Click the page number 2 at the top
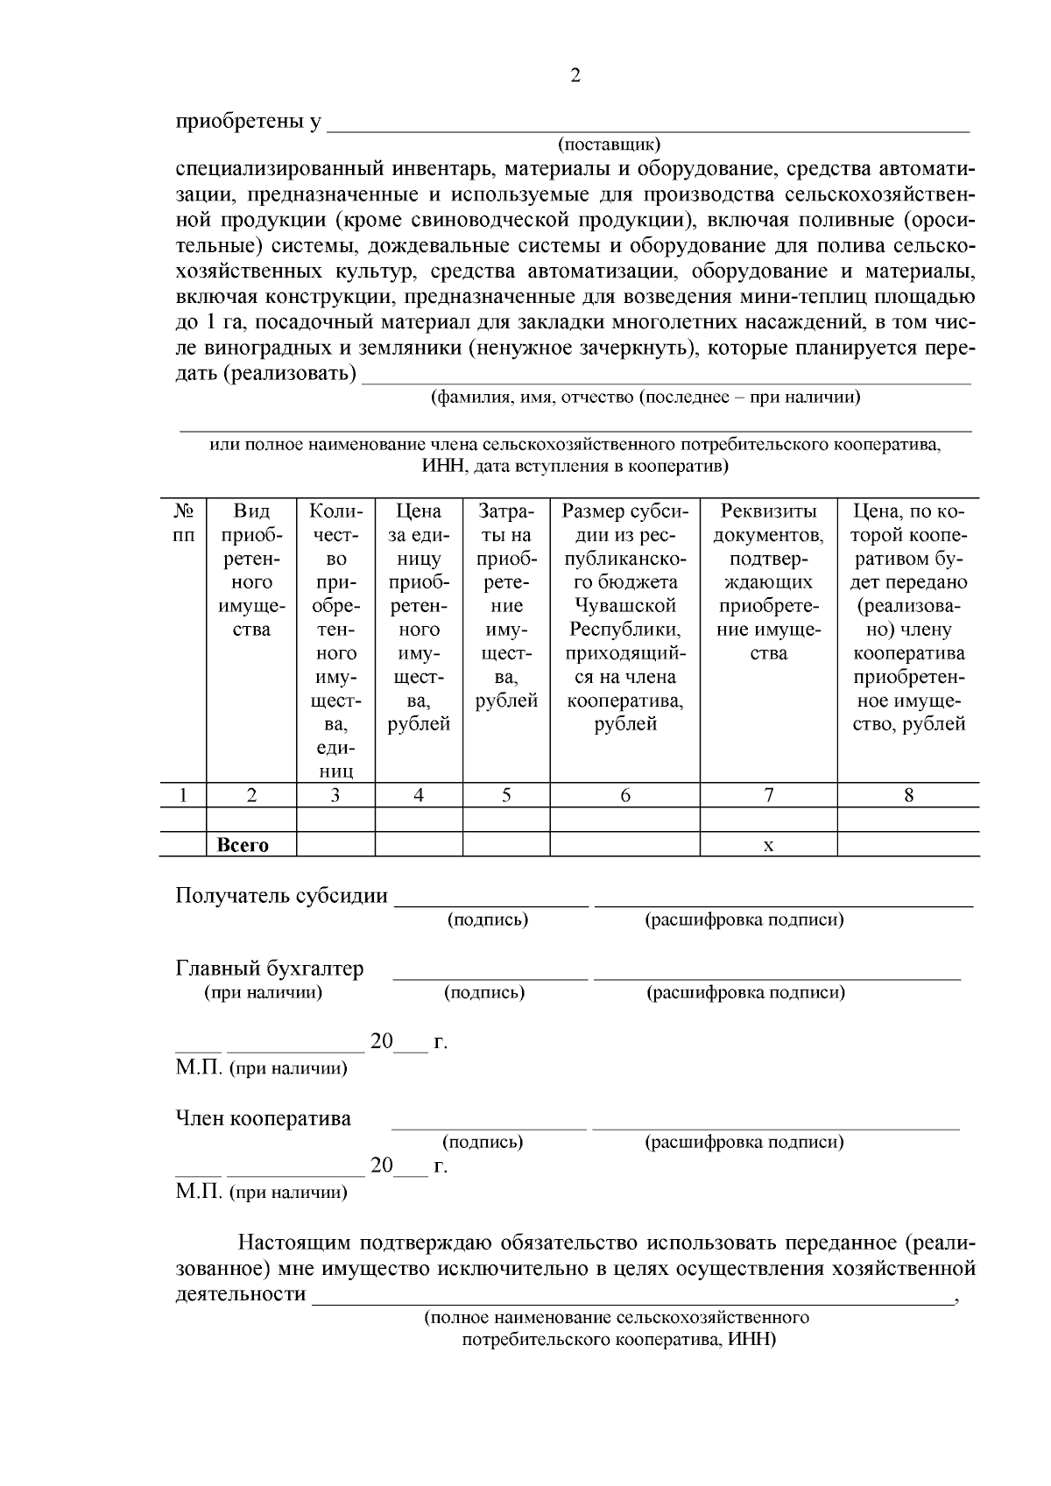pyautogui.click(x=575, y=76)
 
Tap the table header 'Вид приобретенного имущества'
pyautogui.click(x=251, y=569)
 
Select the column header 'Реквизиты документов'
pyautogui.click(x=768, y=581)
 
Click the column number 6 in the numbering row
pyautogui.click(x=624, y=795)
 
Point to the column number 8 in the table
pyautogui.click(x=908, y=795)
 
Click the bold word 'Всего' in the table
pyautogui.click(x=243, y=845)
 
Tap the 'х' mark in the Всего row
pyautogui.click(x=768, y=846)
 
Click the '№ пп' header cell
pyautogui.click(x=182, y=522)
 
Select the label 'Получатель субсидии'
pyautogui.click(x=281, y=896)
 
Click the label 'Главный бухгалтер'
pyautogui.click(x=270, y=969)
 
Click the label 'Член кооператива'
pyautogui.click(x=263, y=1118)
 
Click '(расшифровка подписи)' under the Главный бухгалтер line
pyautogui.click(x=745, y=993)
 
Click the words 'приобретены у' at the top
pyautogui.click(x=248, y=122)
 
